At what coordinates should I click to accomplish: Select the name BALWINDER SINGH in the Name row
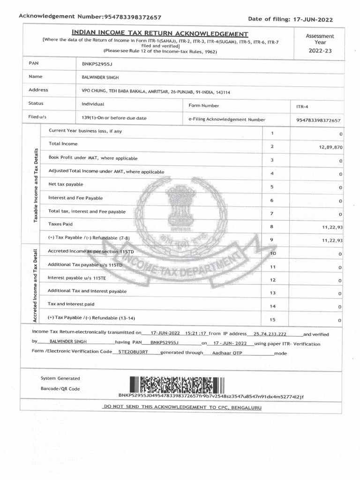100,77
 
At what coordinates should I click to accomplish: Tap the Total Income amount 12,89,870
330,147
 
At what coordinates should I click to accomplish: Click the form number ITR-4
301,107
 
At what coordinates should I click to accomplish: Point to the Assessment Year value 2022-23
320,51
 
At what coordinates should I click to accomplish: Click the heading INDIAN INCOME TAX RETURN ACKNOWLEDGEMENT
160,34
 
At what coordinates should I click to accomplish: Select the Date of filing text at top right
290,19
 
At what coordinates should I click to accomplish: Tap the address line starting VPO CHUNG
156,92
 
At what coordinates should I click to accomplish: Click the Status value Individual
93,104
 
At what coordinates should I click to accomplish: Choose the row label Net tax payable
66,184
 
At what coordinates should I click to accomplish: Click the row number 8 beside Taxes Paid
271,227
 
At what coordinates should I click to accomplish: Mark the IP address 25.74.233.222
270,334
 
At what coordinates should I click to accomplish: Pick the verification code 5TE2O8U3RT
133,351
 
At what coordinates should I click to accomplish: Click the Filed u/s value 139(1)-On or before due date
114,118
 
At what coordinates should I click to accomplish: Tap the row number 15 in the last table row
272,319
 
